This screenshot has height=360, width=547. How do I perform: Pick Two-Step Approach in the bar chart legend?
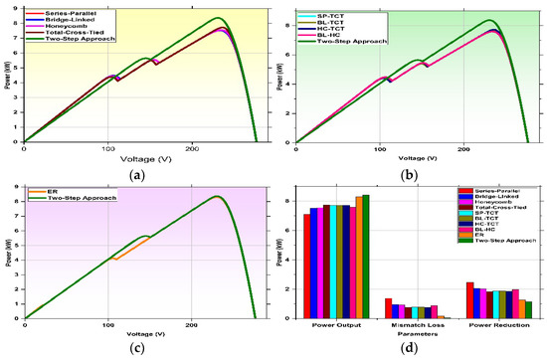tap(502, 246)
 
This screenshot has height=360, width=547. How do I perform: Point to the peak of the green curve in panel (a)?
tap(219, 18)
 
